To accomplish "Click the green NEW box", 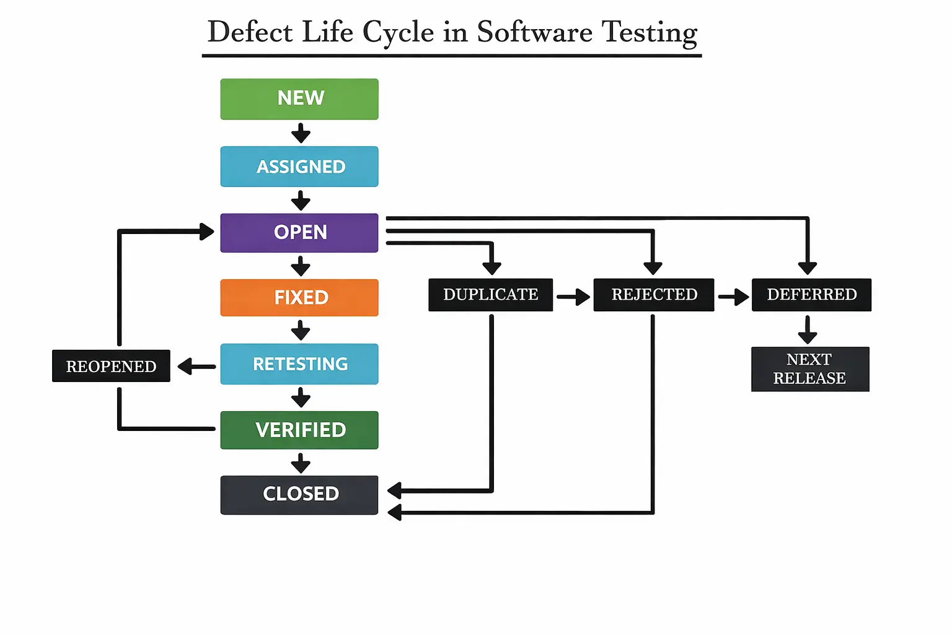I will click(299, 99).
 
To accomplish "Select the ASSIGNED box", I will click(299, 167).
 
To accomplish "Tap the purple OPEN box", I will click(299, 233).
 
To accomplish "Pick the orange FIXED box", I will click(299, 298).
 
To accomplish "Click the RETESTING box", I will click(299, 364).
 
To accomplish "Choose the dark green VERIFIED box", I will click(299, 430).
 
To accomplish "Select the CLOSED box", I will click(299, 495).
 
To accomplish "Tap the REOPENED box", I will click(111, 366).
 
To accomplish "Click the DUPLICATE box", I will click(490, 295).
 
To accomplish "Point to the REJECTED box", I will click(654, 295).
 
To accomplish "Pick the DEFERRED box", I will click(811, 295).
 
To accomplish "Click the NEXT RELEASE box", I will click(810, 369).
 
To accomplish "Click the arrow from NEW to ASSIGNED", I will click(301, 133).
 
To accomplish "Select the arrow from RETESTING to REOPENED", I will click(196, 367).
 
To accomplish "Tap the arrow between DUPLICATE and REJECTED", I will click(573, 297).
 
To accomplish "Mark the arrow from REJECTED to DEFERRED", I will click(734, 297).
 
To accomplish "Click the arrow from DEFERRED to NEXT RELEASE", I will click(807, 330).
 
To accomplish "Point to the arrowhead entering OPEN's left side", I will click(207, 232).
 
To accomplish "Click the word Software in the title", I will click(534, 32).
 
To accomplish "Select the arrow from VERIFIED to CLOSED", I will click(301, 463).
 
